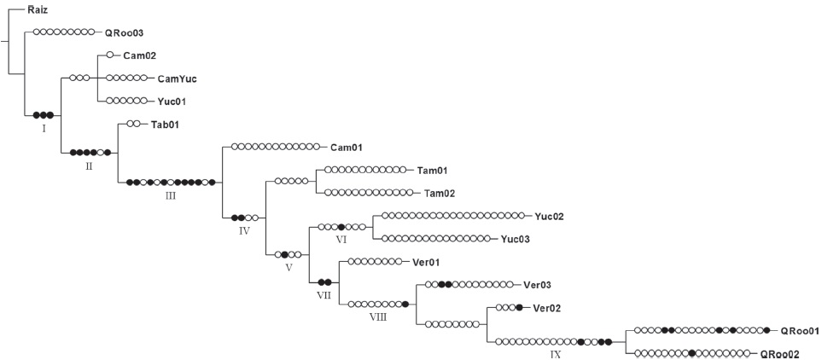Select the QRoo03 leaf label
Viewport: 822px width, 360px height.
(x=124, y=32)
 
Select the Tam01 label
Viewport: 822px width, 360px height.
(x=433, y=171)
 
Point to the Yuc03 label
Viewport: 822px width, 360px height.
(x=515, y=240)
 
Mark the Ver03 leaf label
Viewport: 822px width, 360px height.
(x=537, y=285)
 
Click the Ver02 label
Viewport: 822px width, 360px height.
(x=546, y=308)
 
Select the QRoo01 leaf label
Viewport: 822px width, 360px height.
(x=801, y=331)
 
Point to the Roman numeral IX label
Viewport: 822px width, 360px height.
(x=556, y=353)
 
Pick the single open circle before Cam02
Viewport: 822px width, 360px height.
(x=109, y=55)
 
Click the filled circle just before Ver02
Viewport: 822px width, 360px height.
(x=519, y=308)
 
